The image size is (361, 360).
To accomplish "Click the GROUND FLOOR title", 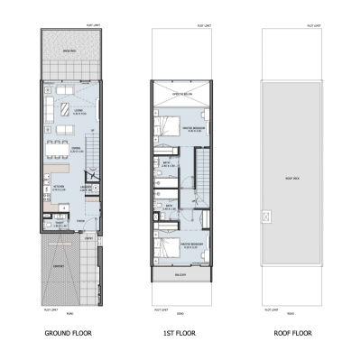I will (x=68, y=333).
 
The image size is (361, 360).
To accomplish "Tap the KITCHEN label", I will (x=56, y=188).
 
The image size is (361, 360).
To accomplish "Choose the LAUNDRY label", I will (x=87, y=188).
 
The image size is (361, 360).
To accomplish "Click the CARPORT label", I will (x=59, y=266).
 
